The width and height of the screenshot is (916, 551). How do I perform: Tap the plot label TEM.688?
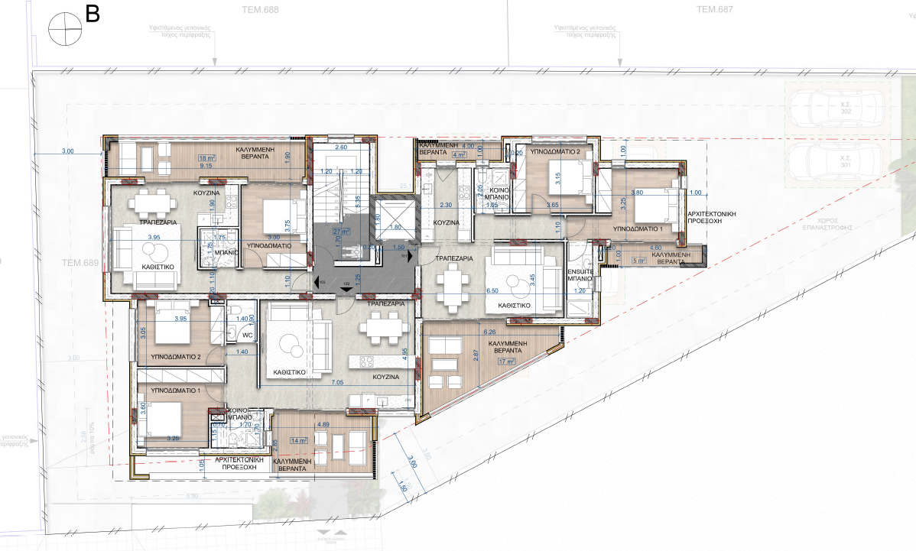pyautogui.click(x=259, y=10)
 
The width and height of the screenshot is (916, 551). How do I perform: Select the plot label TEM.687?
pyautogui.click(x=715, y=10)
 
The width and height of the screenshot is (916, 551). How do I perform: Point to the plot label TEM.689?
pyautogui.click(x=81, y=262)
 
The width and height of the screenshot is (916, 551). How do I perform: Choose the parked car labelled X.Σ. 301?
pyautogui.click(x=836, y=161)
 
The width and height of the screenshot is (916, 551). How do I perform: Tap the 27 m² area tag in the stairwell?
pyautogui.click(x=341, y=231)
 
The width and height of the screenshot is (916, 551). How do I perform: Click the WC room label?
pyautogui.click(x=247, y=335)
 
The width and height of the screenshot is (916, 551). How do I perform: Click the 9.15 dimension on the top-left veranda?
pyautogui.click(x=206, y=165)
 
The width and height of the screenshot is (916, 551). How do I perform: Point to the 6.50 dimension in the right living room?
pyautogui.click(x=492, y=291)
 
